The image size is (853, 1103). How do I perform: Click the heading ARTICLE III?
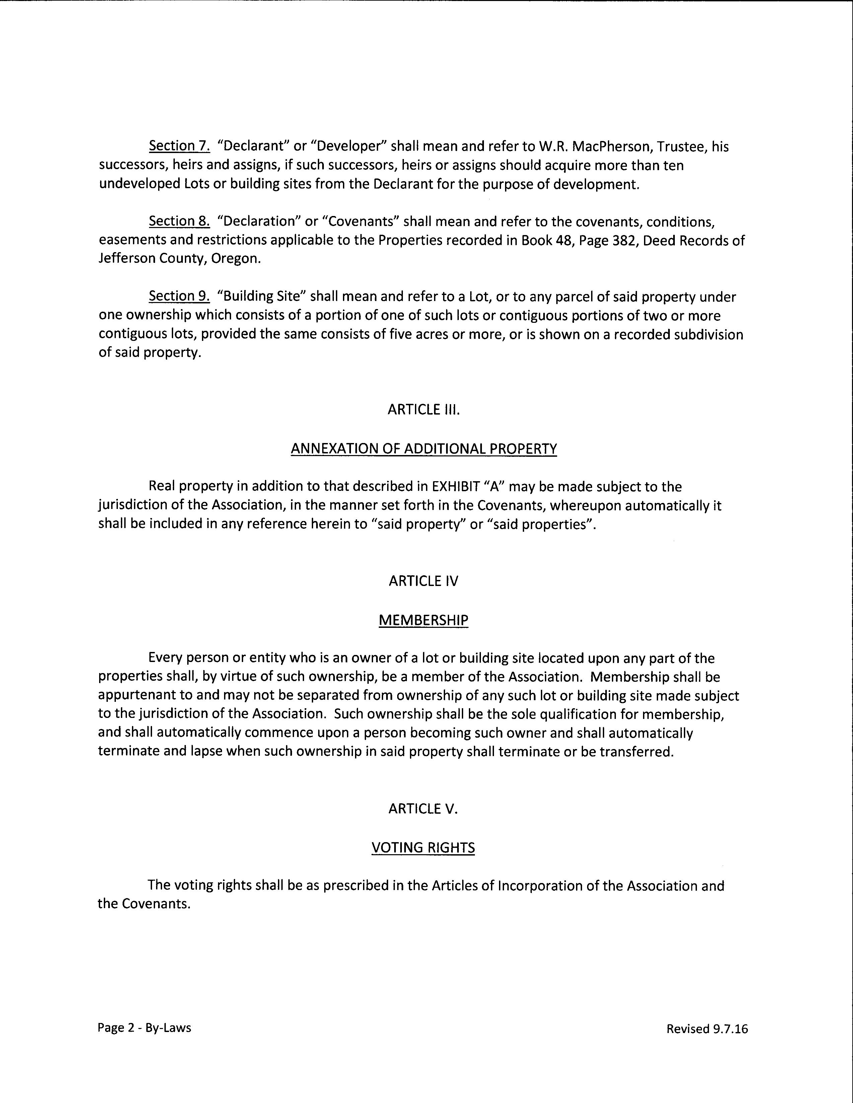424,410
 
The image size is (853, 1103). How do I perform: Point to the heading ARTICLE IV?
423,581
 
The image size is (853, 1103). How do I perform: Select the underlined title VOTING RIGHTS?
423,848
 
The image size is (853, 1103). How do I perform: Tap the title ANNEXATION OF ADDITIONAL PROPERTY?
424,449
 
